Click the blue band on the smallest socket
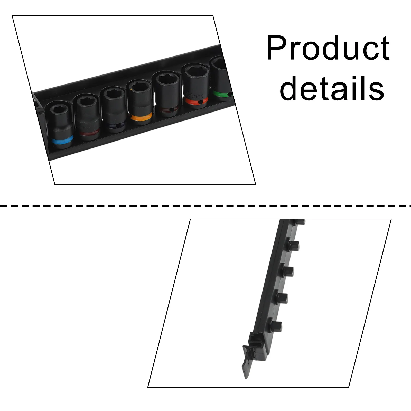click(62, 141)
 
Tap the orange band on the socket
click(140, 117)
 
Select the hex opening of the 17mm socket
click(195, 71)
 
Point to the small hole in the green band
click(228, 95)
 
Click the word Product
click(328, 48)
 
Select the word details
click(332, 88)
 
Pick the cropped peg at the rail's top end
click(299, 221)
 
